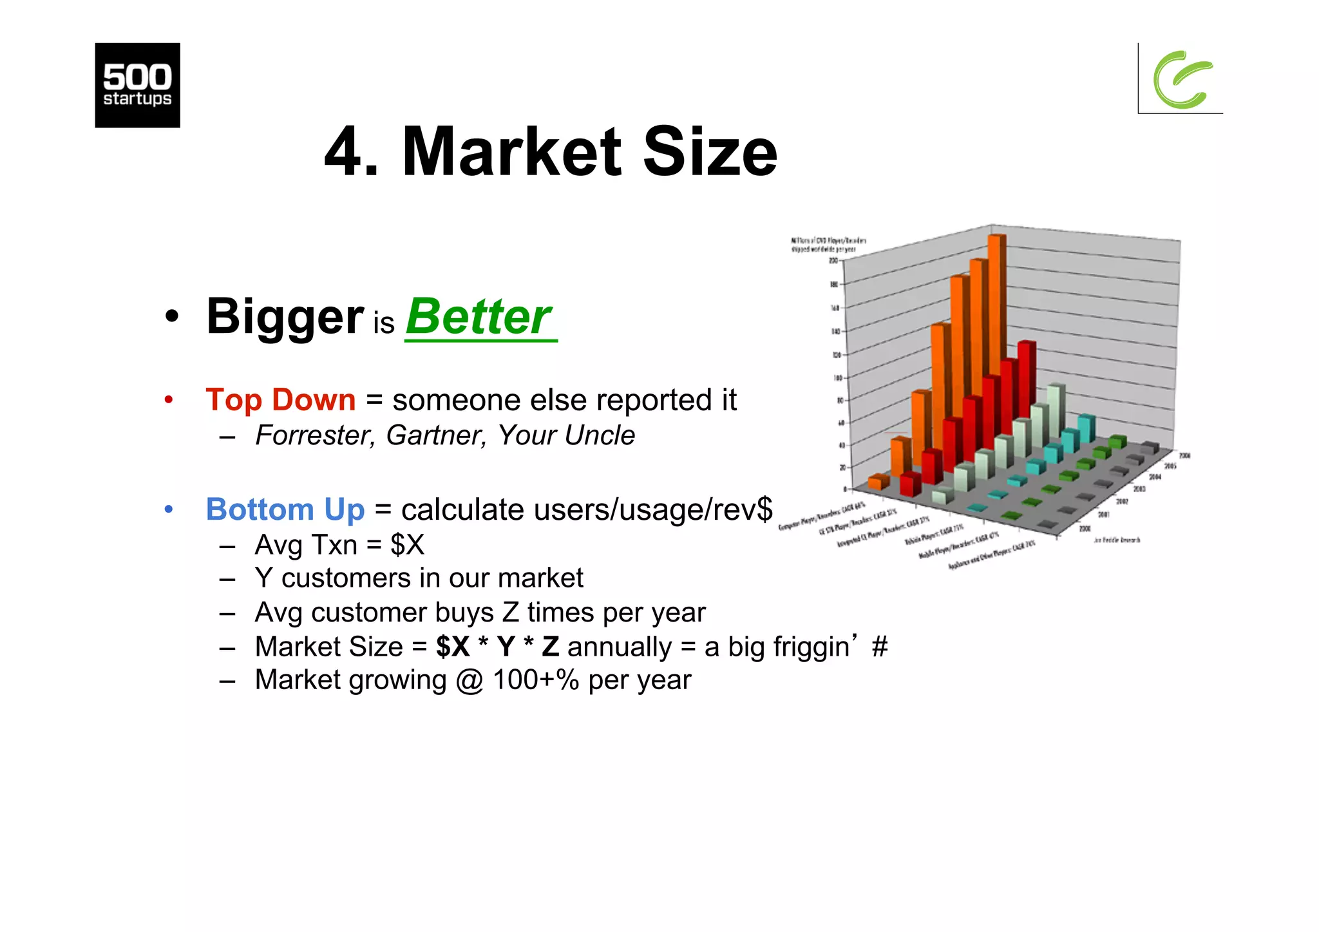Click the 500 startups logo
click(137, 85)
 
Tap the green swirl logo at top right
click(1182, 80)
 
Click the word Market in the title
click(512, 152)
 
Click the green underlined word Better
click(479, 317)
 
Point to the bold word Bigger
click(285, 317)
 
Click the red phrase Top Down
click(280, 400)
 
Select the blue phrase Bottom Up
click(285, 509)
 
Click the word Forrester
click(314, 435)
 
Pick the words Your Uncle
click(566, 435)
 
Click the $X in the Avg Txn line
click(407, 545)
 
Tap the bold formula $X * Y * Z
click(497, 647)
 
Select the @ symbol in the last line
click(470, 681)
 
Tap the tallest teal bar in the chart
click(1086, 428)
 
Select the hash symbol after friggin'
click(879, 647)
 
